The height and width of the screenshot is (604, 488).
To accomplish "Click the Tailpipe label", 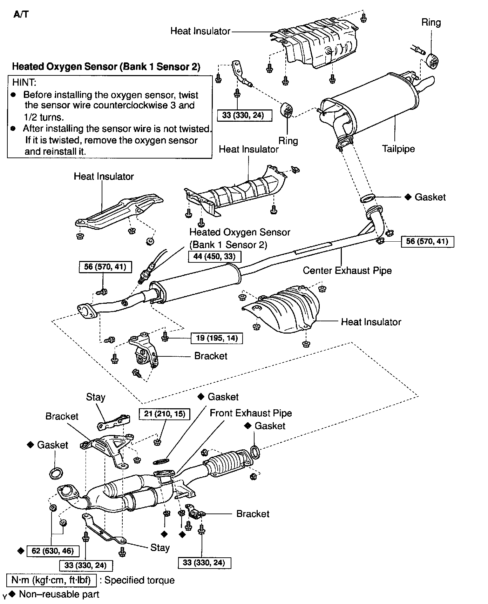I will [x=398, y=149].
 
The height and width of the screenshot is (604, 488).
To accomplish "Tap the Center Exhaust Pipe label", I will [x=347, y=270].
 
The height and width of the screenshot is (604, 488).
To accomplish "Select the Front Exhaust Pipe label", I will [x=251, y=413].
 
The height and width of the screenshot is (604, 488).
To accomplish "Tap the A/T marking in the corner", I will [x=21, y=14].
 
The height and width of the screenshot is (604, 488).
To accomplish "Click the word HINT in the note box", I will [x=24, y=83].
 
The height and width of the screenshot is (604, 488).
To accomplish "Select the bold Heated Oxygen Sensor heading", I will [x=106, y=67].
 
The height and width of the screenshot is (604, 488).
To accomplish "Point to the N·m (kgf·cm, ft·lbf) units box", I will [x=51, y=580].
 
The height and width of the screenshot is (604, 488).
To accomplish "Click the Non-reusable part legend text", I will [x=59, y=594].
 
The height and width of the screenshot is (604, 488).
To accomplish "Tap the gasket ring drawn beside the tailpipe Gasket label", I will [x=367, y=198].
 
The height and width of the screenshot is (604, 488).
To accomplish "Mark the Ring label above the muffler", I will [x=431, y=22].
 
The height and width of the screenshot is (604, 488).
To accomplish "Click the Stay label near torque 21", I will [x=96, y=397].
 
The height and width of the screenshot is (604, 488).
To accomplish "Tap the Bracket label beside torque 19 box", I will [x=211, y=356].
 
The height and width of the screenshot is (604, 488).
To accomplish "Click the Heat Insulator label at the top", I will [x=200, y=31].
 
